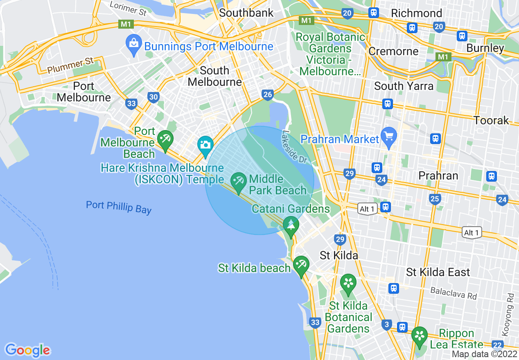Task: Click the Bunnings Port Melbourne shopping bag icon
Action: pyautogui.click(x=134, y=42)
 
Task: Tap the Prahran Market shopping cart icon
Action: pyautogui.click(x=388, y=135)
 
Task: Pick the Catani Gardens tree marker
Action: pyautogui.click(x=291, y=225)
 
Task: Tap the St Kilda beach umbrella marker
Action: pyautogui.click(x=301, y=264)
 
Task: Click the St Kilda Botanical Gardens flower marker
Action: pyautogui.click(x=348, y=283)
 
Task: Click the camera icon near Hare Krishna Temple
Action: pyautogui.click(x=205, y=144)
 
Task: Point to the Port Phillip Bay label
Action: pyautogui.click(x=119, y=207)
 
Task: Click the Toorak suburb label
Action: pyautogui.click(x=491, y=120)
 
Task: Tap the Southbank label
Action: pyautogui.click(x=246, y=13)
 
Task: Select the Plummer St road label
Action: pyautogui.click(x=70, y=65)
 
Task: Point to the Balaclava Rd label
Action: pyautogui.click(x=454, y=293)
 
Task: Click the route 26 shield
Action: pyautogui.click(x=267, y=95)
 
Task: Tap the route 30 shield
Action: pyautogui.click(x=153, y=97)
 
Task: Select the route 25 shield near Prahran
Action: pyautogui.click(x=435, y=199)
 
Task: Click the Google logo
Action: pyautogui.click(x=27, y=350)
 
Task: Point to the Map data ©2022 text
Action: pyautogui.click(x=484, y=354)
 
